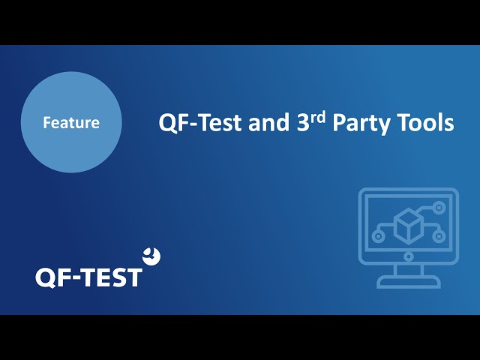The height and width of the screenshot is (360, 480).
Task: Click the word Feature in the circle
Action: click(71, 122)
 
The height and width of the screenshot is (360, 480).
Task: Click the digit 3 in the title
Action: click(303, 122)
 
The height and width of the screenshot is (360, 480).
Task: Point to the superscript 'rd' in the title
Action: click(318, 117)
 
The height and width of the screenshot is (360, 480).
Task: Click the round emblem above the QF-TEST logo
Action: click(151, 256)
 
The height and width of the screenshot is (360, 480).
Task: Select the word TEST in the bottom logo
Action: click(112, 277)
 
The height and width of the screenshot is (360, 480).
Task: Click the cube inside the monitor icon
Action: click(408, 226)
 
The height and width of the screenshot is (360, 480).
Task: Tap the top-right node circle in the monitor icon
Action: click(439, 208)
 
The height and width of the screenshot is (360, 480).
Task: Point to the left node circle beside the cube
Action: click(378, 236)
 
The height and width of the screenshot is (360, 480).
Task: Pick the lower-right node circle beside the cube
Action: click(439, 236)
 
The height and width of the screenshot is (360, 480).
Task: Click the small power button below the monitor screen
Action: click(408, 256)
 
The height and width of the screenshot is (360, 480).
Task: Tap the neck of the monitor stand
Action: click(408, 270)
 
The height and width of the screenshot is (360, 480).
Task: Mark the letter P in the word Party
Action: click(339, 122)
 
